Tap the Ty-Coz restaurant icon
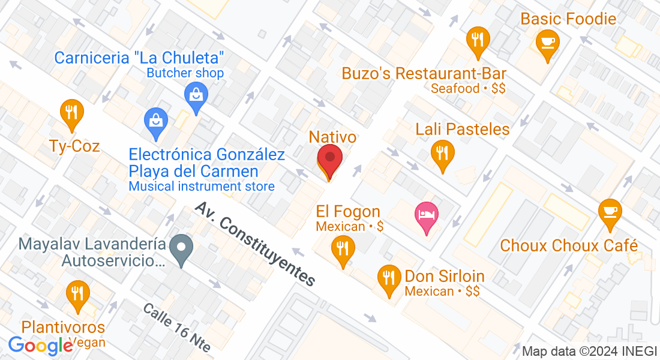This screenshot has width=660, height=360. click(x=71, y=112)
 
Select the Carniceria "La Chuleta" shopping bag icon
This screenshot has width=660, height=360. click(x=196, y=95)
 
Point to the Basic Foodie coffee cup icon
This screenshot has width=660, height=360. click(x=547, y=43)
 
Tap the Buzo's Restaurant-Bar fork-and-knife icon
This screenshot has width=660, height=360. click(x=478, y=40)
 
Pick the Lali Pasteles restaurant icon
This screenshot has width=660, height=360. click(x=443, y=153)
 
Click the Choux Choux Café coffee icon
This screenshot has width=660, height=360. click(x=611, y=212)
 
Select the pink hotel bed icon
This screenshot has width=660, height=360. click(x=427, y=215)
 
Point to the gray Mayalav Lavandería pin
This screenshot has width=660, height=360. click(x=181, y=248)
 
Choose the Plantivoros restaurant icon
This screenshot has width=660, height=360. click(x=77, y=294)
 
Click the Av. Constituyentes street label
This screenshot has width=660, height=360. click(x=255, y=244)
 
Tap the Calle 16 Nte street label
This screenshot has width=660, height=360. click(x=176, y=328)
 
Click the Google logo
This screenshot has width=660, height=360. click(x=40, y=346)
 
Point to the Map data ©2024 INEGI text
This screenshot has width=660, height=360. click(x=589, y=351)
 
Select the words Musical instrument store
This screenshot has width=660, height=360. click(x=202, y=187)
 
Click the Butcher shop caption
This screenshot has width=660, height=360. click(x=185, y=73)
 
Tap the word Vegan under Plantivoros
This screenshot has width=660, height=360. click(x=88, y=343)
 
